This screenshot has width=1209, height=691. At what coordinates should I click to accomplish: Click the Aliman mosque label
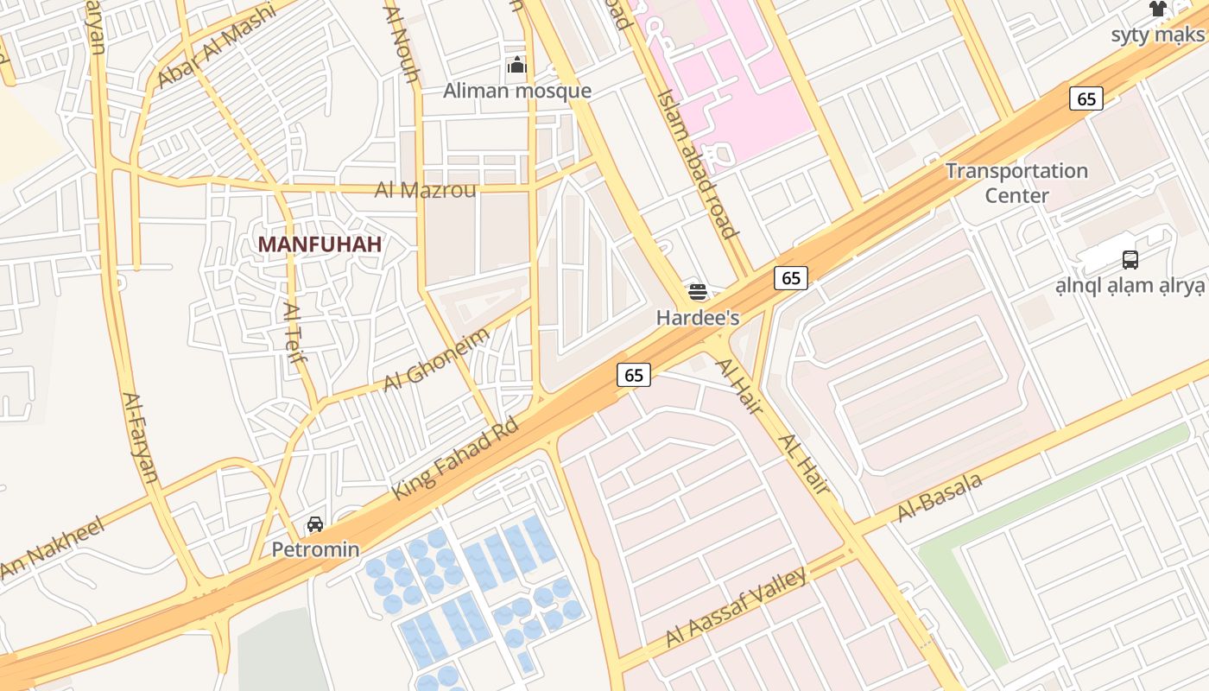[x=517, y=91]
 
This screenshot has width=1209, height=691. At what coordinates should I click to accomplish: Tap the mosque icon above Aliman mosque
[x=517, y=65]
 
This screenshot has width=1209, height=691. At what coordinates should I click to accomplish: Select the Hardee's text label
[x=698, y=318]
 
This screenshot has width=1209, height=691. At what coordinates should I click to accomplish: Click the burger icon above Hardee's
[x=698, y=292]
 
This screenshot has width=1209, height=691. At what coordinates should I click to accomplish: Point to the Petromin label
[x=315, y=549]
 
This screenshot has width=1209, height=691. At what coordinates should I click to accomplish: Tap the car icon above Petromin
[x=315, y=524]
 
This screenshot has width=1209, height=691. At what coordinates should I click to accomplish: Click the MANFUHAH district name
[x=320, y=244]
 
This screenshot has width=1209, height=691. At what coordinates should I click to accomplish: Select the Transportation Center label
[x=1016, y=183]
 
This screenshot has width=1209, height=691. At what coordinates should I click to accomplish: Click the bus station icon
[x=1130, y=259]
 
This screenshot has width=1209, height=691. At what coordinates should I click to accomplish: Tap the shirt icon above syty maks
[x=1157, y=10]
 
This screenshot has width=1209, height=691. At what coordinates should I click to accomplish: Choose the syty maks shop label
[x=1157, y=35]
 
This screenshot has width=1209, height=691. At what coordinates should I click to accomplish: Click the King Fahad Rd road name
[x=455, y=459]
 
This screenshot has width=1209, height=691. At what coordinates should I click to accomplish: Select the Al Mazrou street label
[x=425, y=190]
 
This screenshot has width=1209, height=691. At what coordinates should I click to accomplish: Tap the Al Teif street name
[x=294, y=337]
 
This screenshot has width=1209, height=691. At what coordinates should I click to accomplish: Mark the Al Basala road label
[x=940, y=498]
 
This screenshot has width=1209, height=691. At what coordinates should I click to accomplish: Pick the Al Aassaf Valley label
[x=736, y=607]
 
